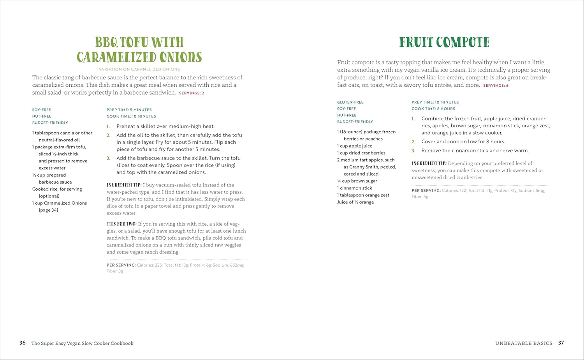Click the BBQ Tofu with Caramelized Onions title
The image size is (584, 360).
139,50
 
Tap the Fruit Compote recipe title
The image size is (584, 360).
444,42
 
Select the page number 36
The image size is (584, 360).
23,343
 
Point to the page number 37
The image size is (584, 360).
561,343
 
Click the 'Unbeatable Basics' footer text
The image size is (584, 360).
524,343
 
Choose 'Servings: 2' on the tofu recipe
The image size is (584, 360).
192,93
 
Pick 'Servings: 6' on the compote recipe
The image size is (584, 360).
496,86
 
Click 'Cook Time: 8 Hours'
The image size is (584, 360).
433,109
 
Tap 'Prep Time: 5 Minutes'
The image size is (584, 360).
129,110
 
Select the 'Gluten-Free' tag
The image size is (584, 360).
350,102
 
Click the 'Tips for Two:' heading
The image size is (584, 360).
121,224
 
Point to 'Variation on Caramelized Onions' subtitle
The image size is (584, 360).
139,69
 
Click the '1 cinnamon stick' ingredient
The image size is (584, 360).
355,188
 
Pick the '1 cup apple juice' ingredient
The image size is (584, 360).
355,146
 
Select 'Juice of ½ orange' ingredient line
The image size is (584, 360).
355,202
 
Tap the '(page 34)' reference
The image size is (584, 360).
48,210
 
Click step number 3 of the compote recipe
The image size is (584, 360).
413,151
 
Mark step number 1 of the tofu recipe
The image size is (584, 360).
108,126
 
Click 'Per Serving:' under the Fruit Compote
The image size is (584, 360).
426,191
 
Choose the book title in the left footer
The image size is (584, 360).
82,343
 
